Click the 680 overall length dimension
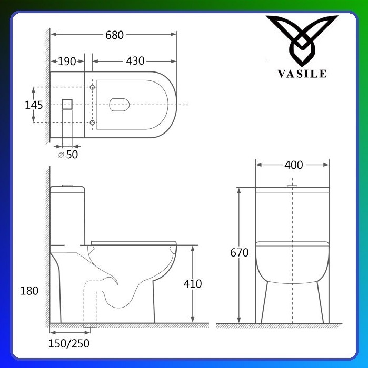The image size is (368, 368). tap(114, 35)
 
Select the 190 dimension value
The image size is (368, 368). tap(67, 62)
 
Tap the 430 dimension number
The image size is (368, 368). tap(135, 61)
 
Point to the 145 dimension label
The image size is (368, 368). tap(34, 105)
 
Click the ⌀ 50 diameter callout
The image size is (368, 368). tap(68, 155)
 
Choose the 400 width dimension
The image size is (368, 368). tap(294, 165)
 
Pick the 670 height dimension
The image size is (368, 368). tap(239, 253)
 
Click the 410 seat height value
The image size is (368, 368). tap(193, 284)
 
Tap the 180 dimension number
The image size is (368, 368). tap(29, 291)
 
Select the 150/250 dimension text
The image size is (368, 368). tap(69, 343)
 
